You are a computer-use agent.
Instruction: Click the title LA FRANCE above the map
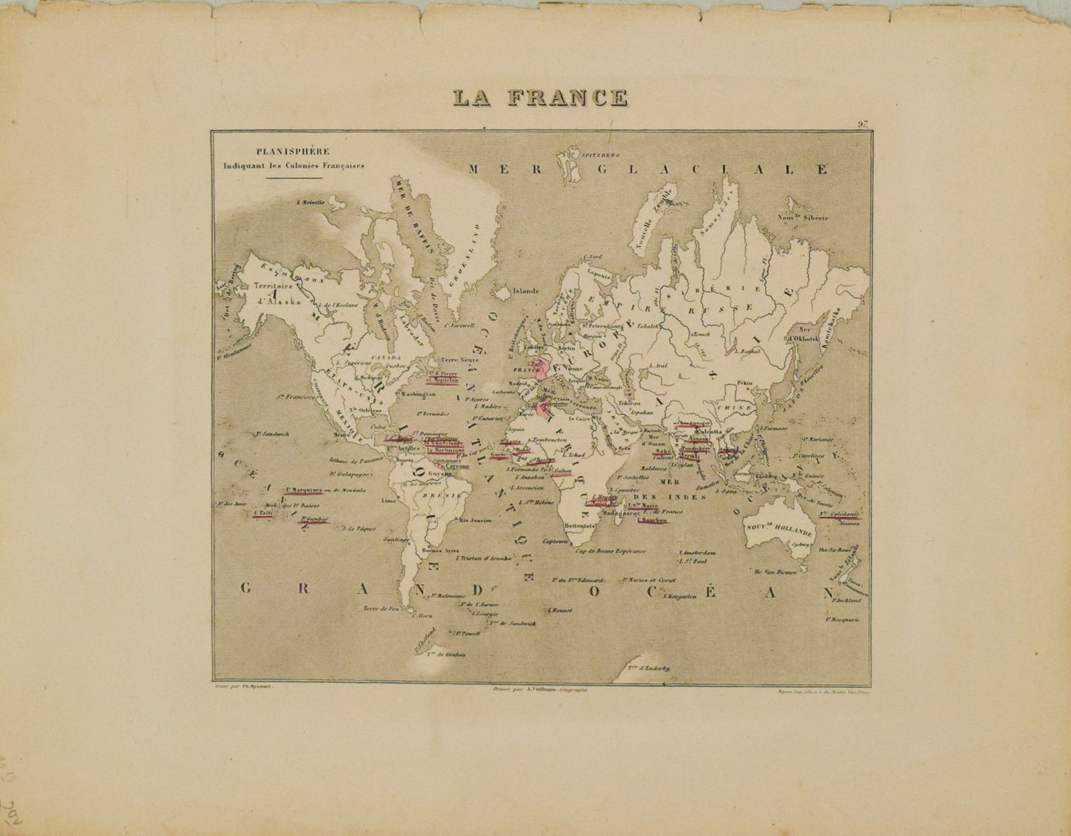coord(540,97)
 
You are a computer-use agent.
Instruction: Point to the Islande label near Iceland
coord(525,291)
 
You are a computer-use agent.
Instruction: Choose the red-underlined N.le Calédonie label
coord(839,514)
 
